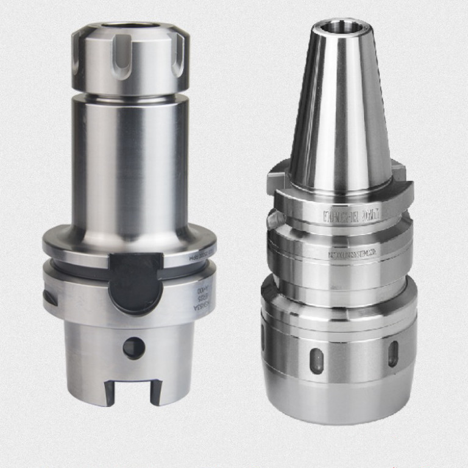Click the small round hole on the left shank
coord(134,348)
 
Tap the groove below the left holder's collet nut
coord(129,96)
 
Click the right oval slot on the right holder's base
coord(393,354)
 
